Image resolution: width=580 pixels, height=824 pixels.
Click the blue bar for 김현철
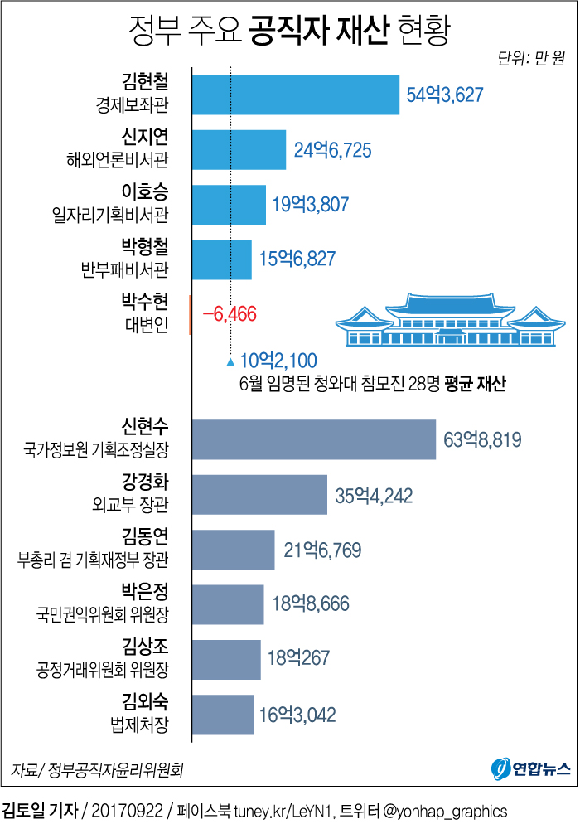coord(295,95)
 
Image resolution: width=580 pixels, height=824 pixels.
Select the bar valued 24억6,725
coord(239,150)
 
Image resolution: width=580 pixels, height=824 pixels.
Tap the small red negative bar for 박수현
coord(191,315)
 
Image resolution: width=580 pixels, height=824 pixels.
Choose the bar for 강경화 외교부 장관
coord(259,496)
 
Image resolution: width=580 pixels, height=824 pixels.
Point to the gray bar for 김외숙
coord(223,715)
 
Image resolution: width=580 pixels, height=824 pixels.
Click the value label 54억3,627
coord(444,95)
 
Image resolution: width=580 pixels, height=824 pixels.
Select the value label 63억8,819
coord(482,440)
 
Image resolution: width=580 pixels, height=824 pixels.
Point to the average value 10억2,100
coord(278,361)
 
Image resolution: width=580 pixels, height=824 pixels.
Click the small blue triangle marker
coord(230,361)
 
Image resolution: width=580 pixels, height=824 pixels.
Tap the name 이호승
coord(145,194)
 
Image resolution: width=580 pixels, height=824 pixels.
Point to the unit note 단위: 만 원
coord(531,58)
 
